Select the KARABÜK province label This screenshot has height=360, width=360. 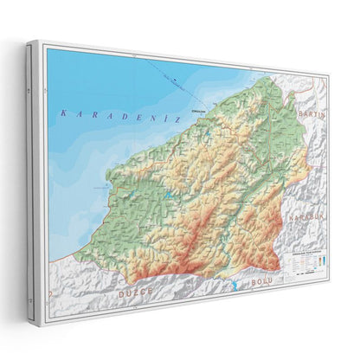[x=308, y=217]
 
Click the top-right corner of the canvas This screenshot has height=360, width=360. [x=330, y=74]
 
